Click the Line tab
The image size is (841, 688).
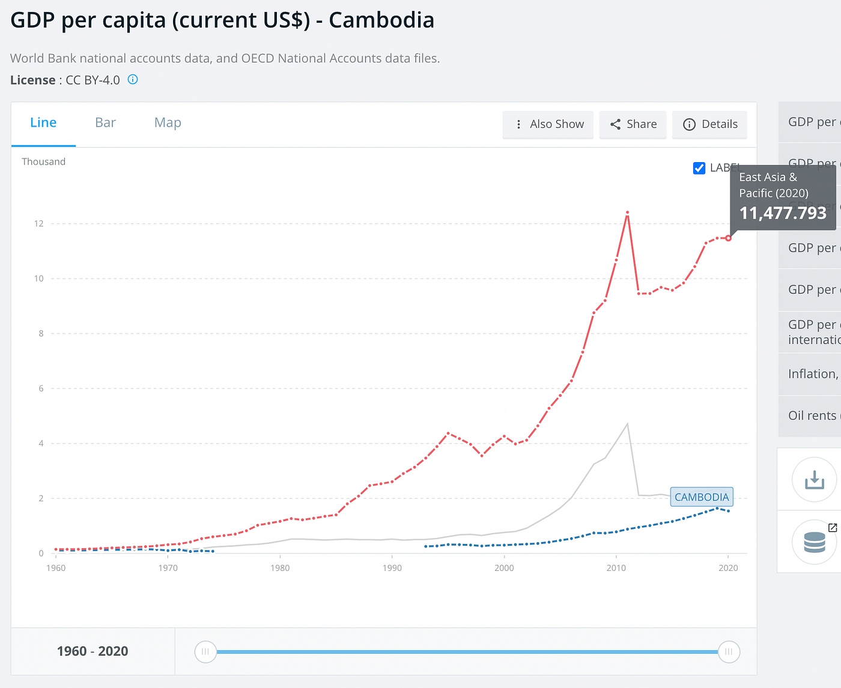pyautogui.click(x=43, y=123)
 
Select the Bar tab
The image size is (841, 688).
pyautogui.click(x=105, y=123)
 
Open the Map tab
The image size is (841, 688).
pyautogui.click(x=168, y=123)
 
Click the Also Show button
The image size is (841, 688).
pyautogui.click(x=548, y=124)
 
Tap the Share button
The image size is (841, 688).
pyautogui.click(x=633, y=124)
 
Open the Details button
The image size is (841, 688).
pyautogui.click(x=710, y=124)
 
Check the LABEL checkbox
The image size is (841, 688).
pyautogui.click(x=699, y=168)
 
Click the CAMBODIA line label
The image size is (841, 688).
pyautogui.click(x=701, y=497)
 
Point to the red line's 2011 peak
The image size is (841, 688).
pyautogui.click(x=627, y=213)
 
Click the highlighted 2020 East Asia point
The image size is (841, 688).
pyautogui.click(x=729, y=238)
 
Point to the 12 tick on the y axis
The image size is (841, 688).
pyautogui.click(x=39, y=224)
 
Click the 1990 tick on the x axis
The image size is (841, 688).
pyautogui.click(x=392, y=568)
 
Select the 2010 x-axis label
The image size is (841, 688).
pyautogui.click(x=616, y=568)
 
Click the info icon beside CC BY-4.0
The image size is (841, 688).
pyautogui.click(x=133, y=80)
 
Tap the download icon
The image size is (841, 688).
pyautogui.click(x=814, y=479)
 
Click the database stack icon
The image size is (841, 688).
pyautogui.click(x=814, y=542)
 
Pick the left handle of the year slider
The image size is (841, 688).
pyautogui.click(x=205, y=651)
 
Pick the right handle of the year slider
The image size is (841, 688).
pyautogui.click(x=729, y=651)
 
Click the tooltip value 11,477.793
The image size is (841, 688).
pyautogui.click(x=783, y=213)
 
